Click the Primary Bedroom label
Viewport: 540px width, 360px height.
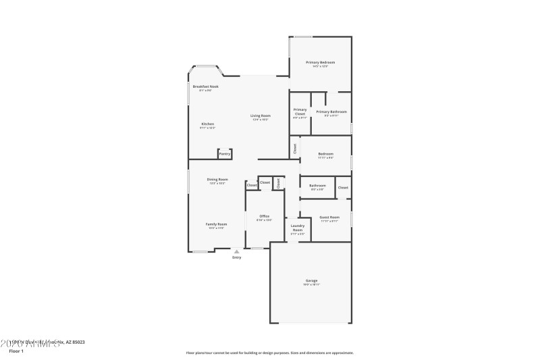pyautogui.click(x=320, y=62)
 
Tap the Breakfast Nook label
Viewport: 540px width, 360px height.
pyautogui.click(x=205, y=86)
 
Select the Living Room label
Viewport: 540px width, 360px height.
pyautogui.click(x=261, y=116)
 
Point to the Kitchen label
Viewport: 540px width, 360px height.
pyautogui.click(x=208, y=124)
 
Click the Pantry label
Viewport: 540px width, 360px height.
pyautogui.click(x=225, y=154)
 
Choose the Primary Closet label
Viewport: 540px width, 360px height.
pyautogui.click(x=300, y=111)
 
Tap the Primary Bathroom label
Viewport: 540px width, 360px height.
pyautogui.click(x=331, y=111)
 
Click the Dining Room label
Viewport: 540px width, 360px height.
pyautogui.click(x=217, y=179)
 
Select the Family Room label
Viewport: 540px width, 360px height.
pyautogui.click(x=216, y=224)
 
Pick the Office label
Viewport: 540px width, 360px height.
pyautogui.click(x=265, y=216)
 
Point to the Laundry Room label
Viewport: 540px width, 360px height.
pyautogui.click(x=298, y=228)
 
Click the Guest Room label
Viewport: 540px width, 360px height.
pyautogui.click(x=329, y=217)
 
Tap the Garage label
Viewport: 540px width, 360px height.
pyautogui.click(x=311, y=280)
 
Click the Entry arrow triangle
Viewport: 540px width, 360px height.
pyautogui.click(x=236, y=251)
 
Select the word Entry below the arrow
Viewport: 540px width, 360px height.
pyautogui.click(x=236, y=257)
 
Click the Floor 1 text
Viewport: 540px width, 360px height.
pyautogui.click(x=16, y=351)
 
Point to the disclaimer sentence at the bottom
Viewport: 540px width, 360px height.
pyautogui.click(x=269, y=353)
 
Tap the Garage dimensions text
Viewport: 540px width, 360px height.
pyautogui.click(x=311, y=285)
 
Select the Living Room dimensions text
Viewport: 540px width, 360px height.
pyautogui.click(x=261, y=120)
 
